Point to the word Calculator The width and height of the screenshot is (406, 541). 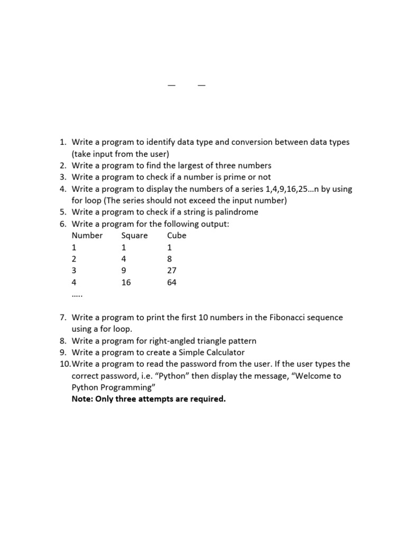222,352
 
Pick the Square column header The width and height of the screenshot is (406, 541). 134,236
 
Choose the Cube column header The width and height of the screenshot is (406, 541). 177,236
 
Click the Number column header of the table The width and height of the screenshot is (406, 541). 87,236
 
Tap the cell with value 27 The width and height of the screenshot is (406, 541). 172,270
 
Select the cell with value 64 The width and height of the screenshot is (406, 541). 172,282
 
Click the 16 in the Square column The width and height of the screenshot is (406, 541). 126,282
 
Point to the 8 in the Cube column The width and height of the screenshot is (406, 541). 170,259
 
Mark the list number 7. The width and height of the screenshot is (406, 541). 62,318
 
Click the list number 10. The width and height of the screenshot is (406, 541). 64,364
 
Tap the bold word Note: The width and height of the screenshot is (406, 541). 83,399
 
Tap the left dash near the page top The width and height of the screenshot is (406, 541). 171,85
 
